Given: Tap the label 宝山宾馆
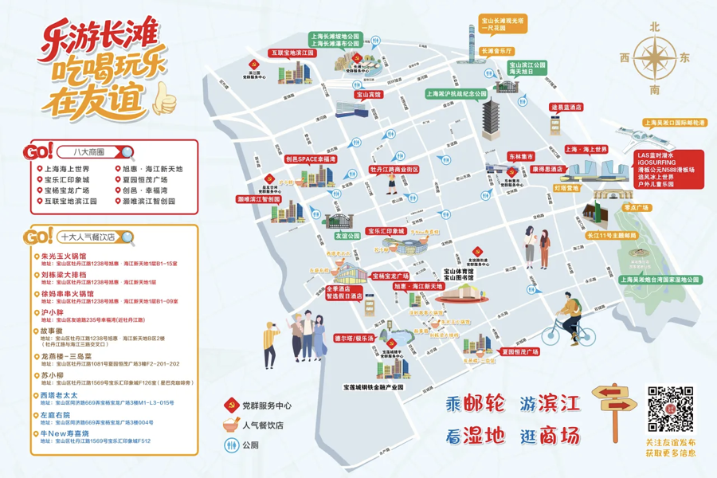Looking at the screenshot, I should click(367, 95).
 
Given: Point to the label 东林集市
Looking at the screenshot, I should click(521, 157).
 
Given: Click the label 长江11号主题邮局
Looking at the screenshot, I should click(612, 236).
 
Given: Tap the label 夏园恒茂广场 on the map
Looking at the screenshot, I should click(519, 351).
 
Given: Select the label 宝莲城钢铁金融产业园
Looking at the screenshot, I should click(374, 387).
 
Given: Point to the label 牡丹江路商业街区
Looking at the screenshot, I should click(394, 169).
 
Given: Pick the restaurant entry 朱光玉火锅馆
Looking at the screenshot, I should click(64, 257).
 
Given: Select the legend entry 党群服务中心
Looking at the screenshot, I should click(268, 405).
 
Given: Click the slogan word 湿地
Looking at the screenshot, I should click(492, 436).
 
